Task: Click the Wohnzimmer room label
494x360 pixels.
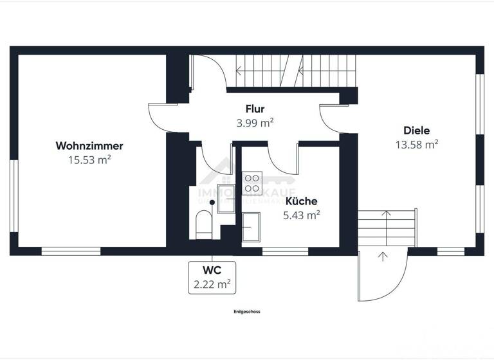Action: coord(89,146)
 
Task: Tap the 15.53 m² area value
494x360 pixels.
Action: coord(89,160)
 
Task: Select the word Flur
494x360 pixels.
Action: coord(255,109)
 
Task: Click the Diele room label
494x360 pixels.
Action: coord(417,130)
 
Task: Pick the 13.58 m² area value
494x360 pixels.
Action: coord(417,144)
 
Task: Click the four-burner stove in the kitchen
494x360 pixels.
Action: coord(252,183)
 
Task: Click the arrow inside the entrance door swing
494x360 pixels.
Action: coord(383,258)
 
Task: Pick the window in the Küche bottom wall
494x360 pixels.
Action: coord(285,252)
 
